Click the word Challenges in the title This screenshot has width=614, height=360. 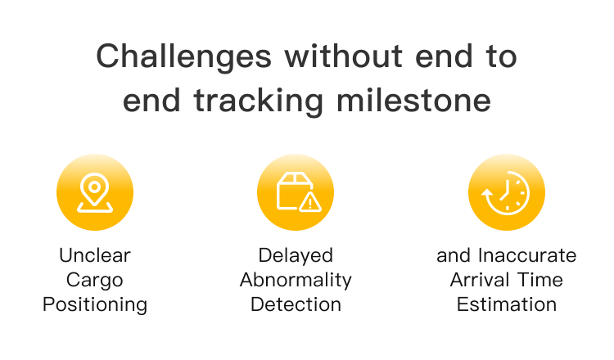(183, 57)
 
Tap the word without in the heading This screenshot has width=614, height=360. (343, 56)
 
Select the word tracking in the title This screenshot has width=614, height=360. (258, 101)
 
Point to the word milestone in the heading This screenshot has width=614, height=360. (413, 100)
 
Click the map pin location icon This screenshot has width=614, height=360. (95, 192)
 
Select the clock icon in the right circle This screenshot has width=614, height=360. (506, 192)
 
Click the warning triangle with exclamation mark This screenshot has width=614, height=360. (310, 202)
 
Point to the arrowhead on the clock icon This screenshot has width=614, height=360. (487, 193)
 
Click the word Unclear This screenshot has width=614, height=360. (95, 255)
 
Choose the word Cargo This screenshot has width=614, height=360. (95, 281)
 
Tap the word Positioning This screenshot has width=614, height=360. (95, 305)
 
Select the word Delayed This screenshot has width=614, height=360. (296, 256)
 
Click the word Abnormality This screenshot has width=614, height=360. (296, 280)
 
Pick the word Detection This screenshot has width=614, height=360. (296, 304)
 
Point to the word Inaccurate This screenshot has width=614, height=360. (527, 255)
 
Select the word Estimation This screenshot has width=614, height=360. (506, 304)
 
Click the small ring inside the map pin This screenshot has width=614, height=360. (94, 187)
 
